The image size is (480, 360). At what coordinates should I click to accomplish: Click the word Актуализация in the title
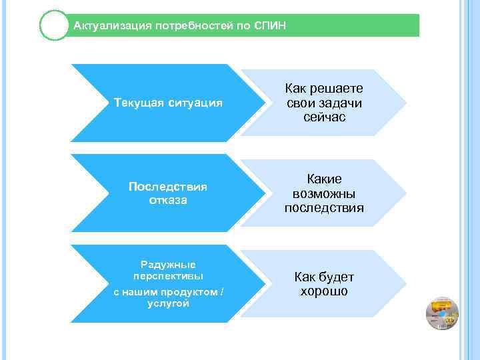(x=111, y=26)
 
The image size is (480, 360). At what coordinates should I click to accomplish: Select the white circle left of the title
(x=54, y=26)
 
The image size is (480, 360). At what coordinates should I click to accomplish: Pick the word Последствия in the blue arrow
(x=167, y=187)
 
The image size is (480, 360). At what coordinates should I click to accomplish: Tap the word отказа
(x=168, y=200)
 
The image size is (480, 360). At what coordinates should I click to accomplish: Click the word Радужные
(x=168, y=264)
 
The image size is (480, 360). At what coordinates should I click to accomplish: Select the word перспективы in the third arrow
(x=168, y=275)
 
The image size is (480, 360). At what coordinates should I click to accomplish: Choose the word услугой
(x=168, y=303)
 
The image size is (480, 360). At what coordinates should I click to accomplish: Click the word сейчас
(x=324, y=117)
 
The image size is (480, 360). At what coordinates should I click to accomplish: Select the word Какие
(x=324, y=179)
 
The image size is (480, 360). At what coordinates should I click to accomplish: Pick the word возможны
(x=324, y=193)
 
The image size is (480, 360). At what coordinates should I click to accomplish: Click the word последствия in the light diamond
(x=324, y=207)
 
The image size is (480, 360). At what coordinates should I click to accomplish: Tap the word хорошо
(x=324, y=291)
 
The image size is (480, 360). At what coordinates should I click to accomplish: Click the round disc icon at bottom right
(x=442, y=314)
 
